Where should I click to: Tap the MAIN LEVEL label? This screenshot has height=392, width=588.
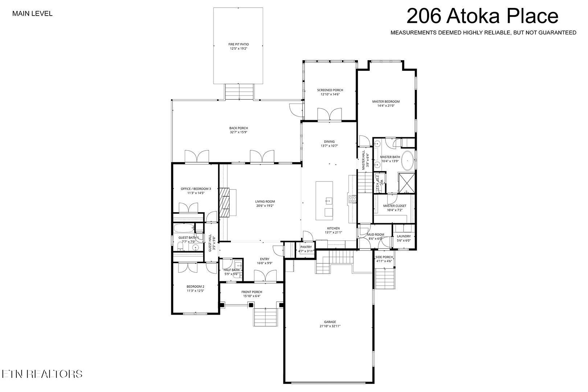tap(32, 14)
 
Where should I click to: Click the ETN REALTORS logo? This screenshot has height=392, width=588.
tap(42, 374)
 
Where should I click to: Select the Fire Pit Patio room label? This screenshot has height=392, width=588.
tap(238, 44)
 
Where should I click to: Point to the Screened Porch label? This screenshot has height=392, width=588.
tap(330, 90)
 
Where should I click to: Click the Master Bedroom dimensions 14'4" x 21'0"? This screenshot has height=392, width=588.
tap(386, 106)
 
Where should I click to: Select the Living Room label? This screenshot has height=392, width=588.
tap(265, 201)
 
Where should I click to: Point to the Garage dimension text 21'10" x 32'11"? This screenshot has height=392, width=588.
tap(330, 326)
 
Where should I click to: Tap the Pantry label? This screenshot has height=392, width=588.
tap(306, 247)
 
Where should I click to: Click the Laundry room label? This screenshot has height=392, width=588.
tap(404, 236)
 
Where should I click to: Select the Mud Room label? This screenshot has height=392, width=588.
tap(376, 234)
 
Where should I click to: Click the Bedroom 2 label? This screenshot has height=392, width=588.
tap(195, 286)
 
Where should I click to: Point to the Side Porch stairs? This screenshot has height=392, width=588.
tap(384, 278)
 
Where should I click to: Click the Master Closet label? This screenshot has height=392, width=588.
tap(395, 206)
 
